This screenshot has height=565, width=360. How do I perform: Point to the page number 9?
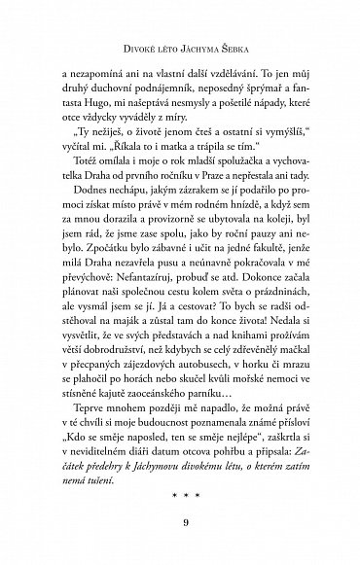click(x=180, y=530)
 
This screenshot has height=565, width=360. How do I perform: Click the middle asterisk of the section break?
click(x=180, y=496)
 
